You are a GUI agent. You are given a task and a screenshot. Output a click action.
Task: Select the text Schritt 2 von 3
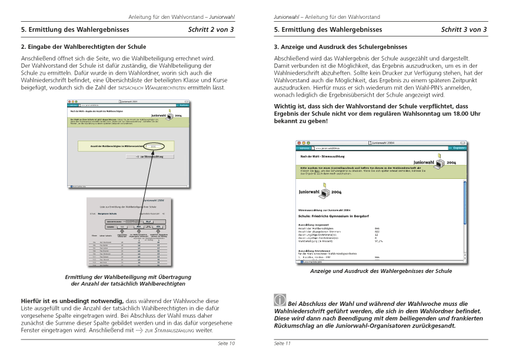tap(211, 29)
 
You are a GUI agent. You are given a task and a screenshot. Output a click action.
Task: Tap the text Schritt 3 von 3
tap(464, 29)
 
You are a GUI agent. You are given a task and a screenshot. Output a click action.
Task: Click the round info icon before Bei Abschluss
tap(281, 299)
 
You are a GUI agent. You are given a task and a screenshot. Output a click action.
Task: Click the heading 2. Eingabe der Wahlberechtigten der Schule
tap(83, 46)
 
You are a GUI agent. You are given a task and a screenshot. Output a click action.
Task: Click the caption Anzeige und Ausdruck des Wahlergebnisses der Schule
tap(380, 271)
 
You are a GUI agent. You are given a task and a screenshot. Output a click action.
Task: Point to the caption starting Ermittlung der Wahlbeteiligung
tap(128, 277)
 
